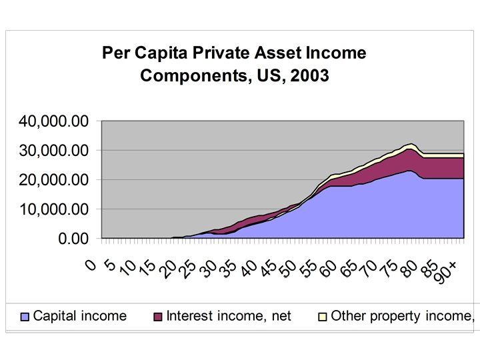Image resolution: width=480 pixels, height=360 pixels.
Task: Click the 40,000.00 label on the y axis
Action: pyautogui.click(x=53, y=121)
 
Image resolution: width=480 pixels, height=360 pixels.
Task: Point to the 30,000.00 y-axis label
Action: pyautogui.click(x=53, y=151)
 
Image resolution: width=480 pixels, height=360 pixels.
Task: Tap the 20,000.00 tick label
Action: pyautogui.click(x=53, y=180)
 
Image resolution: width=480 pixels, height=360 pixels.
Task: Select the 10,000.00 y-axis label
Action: pyautogui.click(x=53, y=209)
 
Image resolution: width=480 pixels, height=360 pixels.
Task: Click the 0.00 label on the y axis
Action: pyautogui.click(x=73, y=239)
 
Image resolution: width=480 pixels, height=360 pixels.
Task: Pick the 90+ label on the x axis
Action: pyautogui.click(x=447, y=272)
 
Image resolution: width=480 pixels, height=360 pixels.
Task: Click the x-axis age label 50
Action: pyautogui.click(x=289, y=269)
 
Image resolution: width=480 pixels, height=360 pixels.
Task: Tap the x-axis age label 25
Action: pyautogui.click(x=188, y=269)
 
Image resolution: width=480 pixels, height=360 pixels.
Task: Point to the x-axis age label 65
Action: pyautogui.click(x=349, y=269)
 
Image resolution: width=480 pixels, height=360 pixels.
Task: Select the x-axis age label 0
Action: pyautogui.click(x=91, y=265)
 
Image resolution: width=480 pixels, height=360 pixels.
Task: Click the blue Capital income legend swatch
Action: pyautogui.click(x=25, y=317)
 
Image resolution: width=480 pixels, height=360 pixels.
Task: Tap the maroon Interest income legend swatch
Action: pyautogui.click(x=157, y=317)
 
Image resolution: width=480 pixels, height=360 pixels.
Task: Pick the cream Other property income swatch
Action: pyautogui.click(x=323, y=317)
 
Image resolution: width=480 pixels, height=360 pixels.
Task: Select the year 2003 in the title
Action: pyautogui.click(x=309, y=75)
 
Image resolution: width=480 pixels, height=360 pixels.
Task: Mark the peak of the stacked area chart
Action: pyautogui.click(x=411, y=143)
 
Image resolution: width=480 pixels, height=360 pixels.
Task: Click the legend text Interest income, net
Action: pyautogui.click(x=229, y=316)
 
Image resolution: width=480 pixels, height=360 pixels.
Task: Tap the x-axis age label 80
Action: pyautogui.click(x=410, y=269)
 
